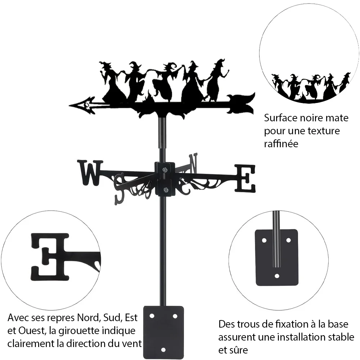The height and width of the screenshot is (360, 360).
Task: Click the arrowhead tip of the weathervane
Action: coord(69,105)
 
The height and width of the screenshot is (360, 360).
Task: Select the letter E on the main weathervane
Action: coord(245,179)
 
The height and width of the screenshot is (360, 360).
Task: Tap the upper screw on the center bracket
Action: coord(165,170)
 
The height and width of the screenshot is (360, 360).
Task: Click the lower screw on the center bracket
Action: coord(165,190)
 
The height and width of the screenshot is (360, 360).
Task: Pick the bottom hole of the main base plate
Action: coord(163,350)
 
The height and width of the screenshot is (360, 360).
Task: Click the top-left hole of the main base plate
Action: coord(152,316)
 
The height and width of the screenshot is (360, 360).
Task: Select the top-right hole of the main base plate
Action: coord(175,316)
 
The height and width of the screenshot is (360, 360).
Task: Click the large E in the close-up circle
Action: coord(50,257)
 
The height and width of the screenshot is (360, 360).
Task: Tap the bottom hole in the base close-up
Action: coord(277,276)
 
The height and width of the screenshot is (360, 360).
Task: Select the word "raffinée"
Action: coord(281,144)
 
